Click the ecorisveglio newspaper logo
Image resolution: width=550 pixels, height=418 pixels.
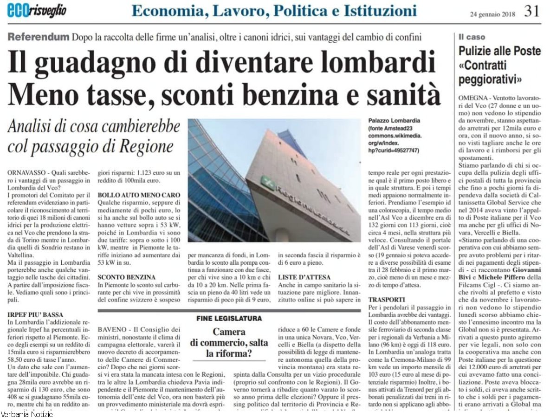[37, 10]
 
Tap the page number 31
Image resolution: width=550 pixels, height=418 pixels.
[532, 11]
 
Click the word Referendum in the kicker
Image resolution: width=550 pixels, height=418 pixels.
[38, 37]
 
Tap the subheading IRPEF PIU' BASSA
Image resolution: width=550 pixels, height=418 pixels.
[35, 314]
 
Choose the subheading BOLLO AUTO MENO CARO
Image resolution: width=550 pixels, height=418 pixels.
[139, 195]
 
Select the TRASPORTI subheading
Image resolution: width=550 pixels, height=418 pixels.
[387, 300]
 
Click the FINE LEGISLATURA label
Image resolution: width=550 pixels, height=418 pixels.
[229, 319]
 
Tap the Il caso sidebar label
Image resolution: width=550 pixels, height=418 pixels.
[472, 37]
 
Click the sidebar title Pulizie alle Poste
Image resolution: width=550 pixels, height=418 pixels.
[499, 51]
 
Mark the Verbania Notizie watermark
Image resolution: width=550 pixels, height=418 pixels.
[26, 414]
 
